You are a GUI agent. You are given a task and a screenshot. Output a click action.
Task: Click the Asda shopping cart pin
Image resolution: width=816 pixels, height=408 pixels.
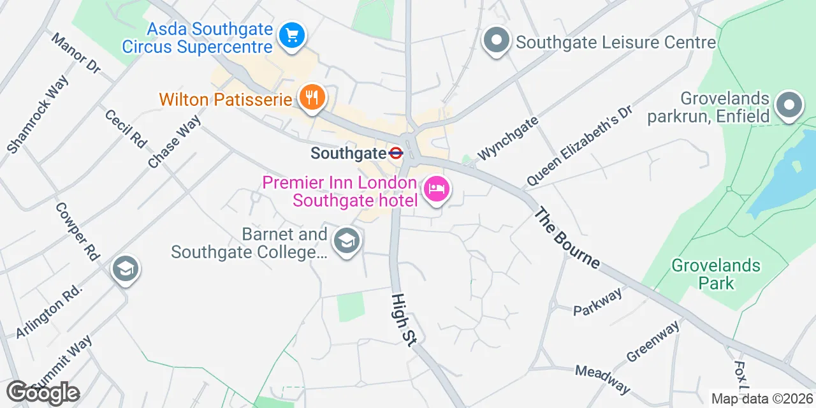click(293, 34)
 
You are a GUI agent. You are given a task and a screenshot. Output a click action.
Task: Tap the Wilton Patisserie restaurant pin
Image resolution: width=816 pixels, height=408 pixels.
click(312, 98)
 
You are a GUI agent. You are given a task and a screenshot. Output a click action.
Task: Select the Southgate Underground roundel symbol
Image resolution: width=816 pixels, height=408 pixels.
click(396, 153)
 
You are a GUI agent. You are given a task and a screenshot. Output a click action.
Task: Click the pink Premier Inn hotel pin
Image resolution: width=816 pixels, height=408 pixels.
click(437, 189)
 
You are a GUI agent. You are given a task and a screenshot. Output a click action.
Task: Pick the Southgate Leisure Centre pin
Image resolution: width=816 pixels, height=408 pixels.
click(497, 41)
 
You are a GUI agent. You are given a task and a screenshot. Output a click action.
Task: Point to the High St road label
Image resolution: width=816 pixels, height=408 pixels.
click(404, 320)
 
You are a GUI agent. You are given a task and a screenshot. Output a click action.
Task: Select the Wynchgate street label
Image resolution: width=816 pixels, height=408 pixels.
click(508, 138)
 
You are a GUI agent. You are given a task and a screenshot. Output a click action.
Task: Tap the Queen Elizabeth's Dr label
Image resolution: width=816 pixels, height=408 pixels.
click(578, 146)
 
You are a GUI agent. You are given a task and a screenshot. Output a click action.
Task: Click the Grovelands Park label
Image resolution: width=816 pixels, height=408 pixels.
click(716, 274)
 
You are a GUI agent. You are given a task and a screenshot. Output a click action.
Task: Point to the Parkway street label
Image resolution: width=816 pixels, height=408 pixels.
click(597, 302)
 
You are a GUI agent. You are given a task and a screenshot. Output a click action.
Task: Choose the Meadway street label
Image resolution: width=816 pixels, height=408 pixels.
click(602, 379)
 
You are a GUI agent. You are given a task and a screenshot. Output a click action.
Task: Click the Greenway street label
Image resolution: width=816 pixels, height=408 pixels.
click(653, 341)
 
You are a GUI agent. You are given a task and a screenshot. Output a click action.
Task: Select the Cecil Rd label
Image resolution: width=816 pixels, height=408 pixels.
click(126, 127)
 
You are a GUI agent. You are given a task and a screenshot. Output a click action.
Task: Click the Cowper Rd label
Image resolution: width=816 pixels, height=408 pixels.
click(77, 231)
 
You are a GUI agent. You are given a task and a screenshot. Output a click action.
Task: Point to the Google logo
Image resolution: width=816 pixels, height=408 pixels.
click(43, 393)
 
